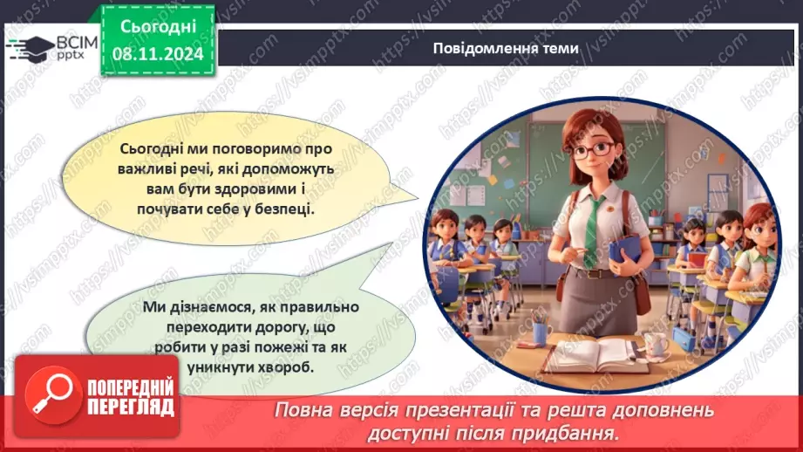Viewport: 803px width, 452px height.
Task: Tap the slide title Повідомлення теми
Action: pyautogui.click(x=505, y=49)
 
